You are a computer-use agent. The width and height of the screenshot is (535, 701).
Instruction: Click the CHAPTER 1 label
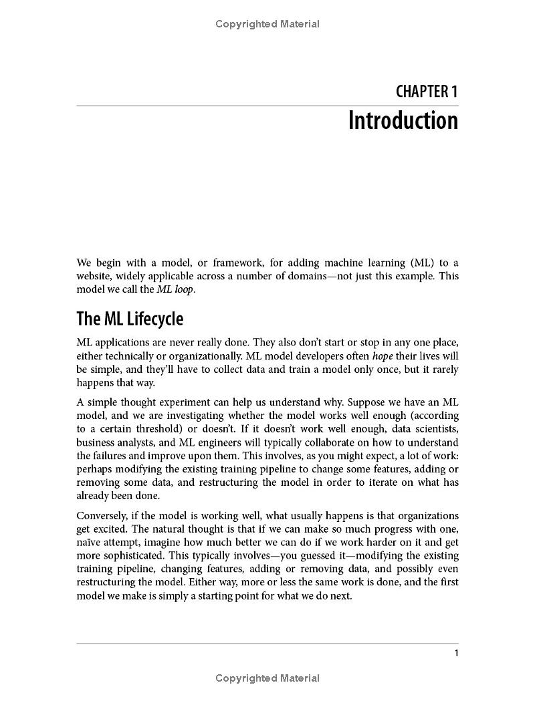click(427, 92)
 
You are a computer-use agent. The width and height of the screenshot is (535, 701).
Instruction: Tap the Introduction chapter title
click(403, 121)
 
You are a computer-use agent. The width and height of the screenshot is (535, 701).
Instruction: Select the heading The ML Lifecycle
click(130, 319)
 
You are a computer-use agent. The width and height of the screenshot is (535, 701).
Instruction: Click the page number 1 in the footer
click(456, 653)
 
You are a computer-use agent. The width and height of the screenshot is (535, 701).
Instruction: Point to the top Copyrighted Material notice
click(267, 24)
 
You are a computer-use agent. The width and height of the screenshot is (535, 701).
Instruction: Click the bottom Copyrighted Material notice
click(267, 678)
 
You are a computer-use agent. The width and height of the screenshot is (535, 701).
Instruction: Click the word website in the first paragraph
click(94, 276)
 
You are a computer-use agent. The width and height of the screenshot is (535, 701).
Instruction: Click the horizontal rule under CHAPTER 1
click(267, 106)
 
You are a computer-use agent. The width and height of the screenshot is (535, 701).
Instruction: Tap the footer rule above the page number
click(267, 644)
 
